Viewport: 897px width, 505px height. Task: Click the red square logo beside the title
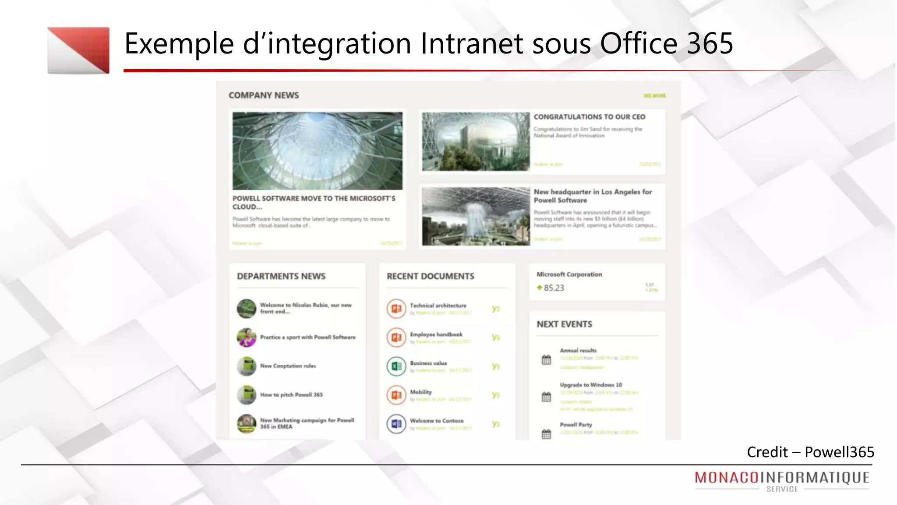(x=78, y=50)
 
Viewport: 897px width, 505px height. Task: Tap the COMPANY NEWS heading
(x=264, y=95)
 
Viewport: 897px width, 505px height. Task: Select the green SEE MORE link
(x=654, y=96)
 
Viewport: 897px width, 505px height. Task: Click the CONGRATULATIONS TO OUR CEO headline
(x=589, y=117)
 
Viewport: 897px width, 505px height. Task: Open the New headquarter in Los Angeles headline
(x=593, y=196)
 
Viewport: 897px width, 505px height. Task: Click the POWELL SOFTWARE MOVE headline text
(x=314, y=203)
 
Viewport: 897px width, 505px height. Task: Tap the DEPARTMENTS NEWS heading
(x=281, y=276)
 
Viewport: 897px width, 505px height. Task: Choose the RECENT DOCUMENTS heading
(x=430, y=276)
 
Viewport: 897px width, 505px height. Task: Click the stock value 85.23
(x=554, y=288)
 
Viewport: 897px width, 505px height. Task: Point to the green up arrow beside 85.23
(x=539, y=288)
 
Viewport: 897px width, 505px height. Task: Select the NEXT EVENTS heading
(x=564, y=324)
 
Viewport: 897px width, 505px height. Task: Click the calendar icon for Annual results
(x=546, y=360)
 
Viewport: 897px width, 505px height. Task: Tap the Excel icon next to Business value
(x=396, y=366)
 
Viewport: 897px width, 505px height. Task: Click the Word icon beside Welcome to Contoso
(x=396, y=424)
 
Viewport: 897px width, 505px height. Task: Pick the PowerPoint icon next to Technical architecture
(x=396, y=309)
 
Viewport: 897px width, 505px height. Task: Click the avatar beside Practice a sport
(x=247, y=337)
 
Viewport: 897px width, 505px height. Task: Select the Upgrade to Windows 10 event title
(x=590, y=385)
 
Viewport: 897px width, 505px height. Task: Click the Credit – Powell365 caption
(x=810, y=452)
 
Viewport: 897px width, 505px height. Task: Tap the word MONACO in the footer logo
(x=727, y=477)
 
